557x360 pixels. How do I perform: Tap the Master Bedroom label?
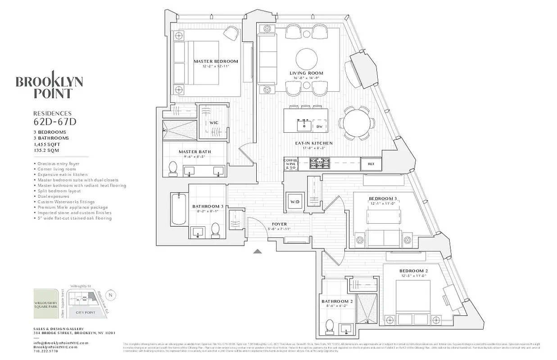[x=216, y=61]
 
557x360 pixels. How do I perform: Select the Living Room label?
[x=306, y=73]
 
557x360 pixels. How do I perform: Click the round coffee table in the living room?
[x=306, y=58]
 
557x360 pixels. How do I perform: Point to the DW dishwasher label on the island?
[x=319, y=126]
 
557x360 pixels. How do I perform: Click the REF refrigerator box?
[x=371, y=164]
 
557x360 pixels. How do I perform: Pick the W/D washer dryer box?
[x=295, y=201]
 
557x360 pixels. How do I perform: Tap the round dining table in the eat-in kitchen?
[x=357, y=122]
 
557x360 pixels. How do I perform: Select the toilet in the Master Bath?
[x=172, y=169]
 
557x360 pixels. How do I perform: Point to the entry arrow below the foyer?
[x=258, y=252]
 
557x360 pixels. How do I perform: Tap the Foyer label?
[x=279, y=224]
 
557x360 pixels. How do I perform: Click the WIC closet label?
[x=213, y=122]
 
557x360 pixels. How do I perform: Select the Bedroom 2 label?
[x=413, y=270]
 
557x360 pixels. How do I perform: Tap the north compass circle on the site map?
[x=113, y=295]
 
